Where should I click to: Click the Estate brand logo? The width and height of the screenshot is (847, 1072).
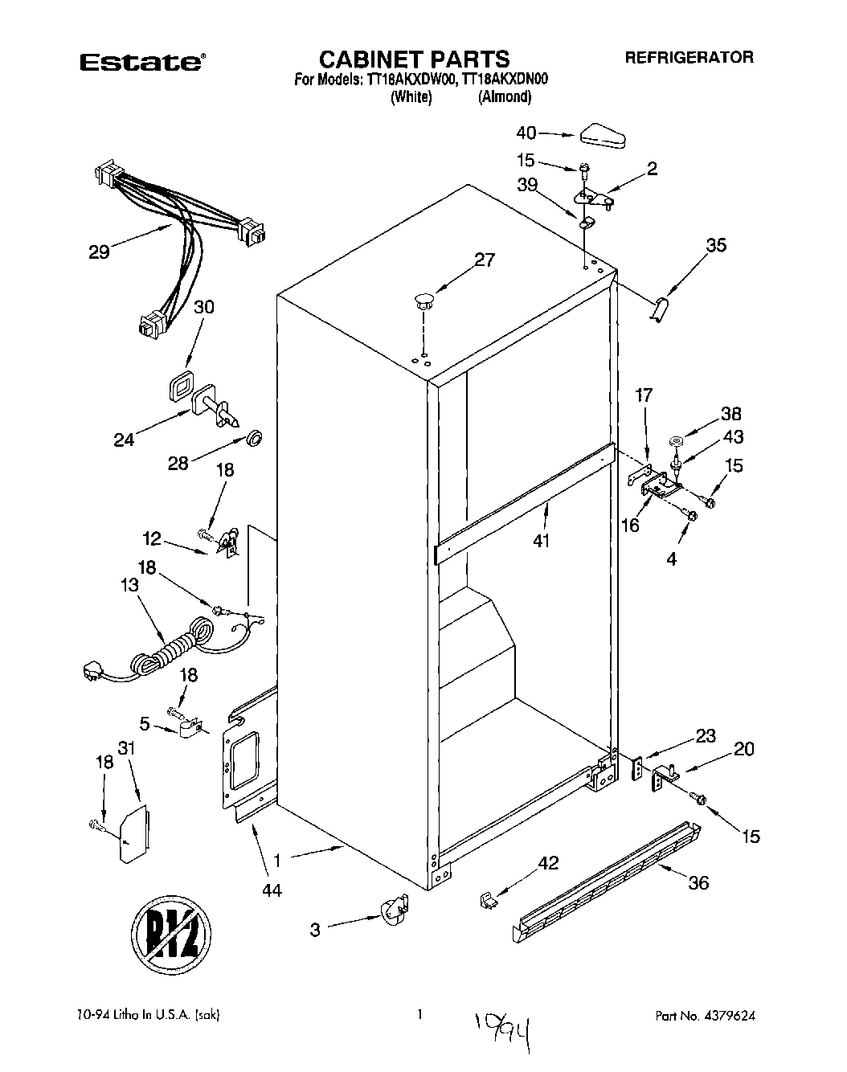(x=141, y=62)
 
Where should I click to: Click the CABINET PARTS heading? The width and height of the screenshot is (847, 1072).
(x=414, y=59)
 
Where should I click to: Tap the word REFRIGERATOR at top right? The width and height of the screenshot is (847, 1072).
(x=689, y=58)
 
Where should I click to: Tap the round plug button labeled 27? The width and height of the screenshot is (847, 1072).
(x=423, y=303)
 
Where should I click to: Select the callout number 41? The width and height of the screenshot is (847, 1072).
(x=541, y=541)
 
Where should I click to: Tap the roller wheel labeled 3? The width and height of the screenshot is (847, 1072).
(x=392, y=911)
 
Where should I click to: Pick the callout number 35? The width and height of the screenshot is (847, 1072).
(x=714, y=245)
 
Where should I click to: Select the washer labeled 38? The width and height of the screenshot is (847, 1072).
(x=676, y=440)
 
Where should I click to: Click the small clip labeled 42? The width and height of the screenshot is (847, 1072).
(x=485, y=900)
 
